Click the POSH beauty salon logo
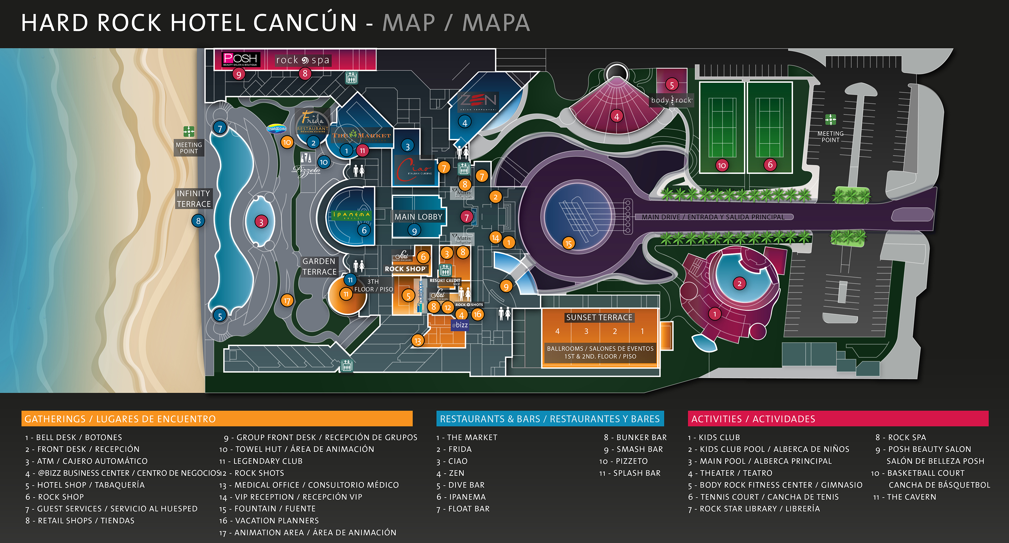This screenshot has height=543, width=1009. point(240,59)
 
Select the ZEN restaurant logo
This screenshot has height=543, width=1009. point(478,101)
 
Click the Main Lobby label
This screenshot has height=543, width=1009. point(418,217)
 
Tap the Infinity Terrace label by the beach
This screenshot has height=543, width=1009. point(193,199)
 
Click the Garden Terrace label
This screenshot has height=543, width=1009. point(319,267)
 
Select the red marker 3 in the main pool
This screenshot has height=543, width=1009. point(261,222)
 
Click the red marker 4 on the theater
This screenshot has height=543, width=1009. point(617,116)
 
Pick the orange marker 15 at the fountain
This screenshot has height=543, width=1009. point(568,243)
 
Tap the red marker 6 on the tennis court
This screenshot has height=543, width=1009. point(770,165)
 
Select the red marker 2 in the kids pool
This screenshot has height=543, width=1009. point(739,283)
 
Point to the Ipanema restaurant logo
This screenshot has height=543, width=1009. point(351,215)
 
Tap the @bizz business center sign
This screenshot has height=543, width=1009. point(460,325)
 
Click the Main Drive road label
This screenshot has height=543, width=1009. point(713,217)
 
